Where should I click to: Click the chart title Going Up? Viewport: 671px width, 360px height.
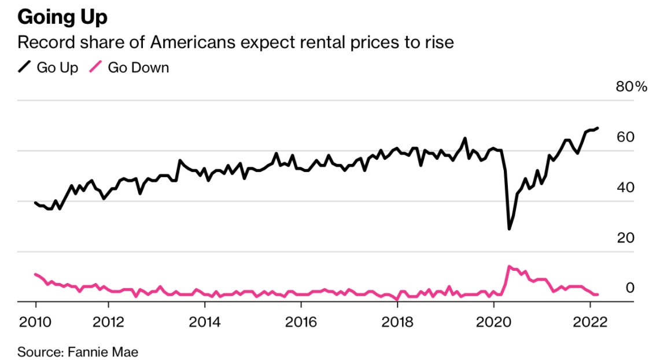(62, 17)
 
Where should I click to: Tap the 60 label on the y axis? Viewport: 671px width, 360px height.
(626, 137)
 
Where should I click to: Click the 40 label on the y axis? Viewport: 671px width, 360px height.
(626, 188)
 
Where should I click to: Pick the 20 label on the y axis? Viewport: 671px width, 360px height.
(626, 238)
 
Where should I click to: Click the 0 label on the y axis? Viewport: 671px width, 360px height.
(630, 288)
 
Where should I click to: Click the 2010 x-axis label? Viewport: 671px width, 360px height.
(35, 322)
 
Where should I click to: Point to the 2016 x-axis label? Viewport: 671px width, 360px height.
(301, 322)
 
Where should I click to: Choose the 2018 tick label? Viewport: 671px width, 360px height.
(397, 322)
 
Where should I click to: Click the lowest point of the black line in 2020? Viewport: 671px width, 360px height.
(509, 229)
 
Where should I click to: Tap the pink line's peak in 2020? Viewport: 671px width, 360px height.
(508, 266)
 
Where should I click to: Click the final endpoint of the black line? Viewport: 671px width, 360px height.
(598, 128)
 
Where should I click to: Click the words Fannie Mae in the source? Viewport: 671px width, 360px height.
(103, 351)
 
